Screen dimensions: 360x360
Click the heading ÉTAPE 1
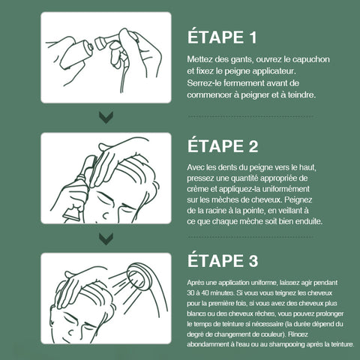click(x=222, y=37)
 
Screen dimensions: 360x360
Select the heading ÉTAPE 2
click(x=223, y=146)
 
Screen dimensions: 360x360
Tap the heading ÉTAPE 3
click(x=223, y=260)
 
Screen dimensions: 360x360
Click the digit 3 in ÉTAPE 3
click(x=253, y=261)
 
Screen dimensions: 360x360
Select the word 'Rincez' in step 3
click(x=299, y=334)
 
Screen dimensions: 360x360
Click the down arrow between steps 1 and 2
click(x=106, y=117)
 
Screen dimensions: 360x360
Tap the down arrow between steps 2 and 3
click(x=106, y=239)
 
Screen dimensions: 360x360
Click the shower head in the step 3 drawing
click(x=139, y=277)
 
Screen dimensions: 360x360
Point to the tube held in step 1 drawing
click(x=75, y=55)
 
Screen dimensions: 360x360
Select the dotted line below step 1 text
click(x=250, y=116)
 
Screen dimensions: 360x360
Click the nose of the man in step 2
click(x=106, y=215)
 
